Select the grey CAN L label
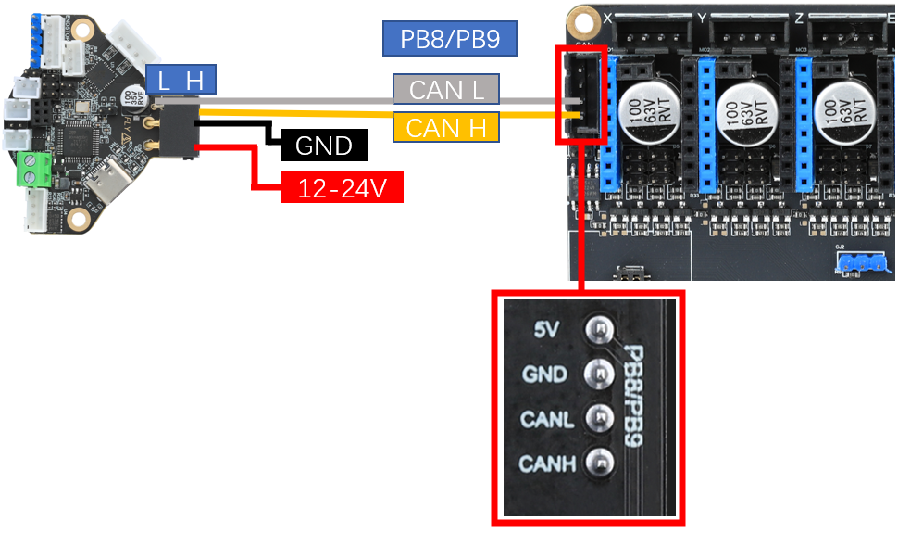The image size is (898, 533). click(446, 90)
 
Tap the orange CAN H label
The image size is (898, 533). click(446, 127)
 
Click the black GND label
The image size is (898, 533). click(323, 146)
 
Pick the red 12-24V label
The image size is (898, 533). click(341, 188)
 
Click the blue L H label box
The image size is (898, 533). click(181, 81)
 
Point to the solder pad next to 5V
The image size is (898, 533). click(599, 329)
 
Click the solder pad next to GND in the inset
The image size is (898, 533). click(599, 374)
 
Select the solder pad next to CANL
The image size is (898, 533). click(599, 418)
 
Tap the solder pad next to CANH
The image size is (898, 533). click(599, 461)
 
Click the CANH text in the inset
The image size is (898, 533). click(547, 463)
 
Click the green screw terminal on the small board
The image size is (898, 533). click(35, 170)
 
